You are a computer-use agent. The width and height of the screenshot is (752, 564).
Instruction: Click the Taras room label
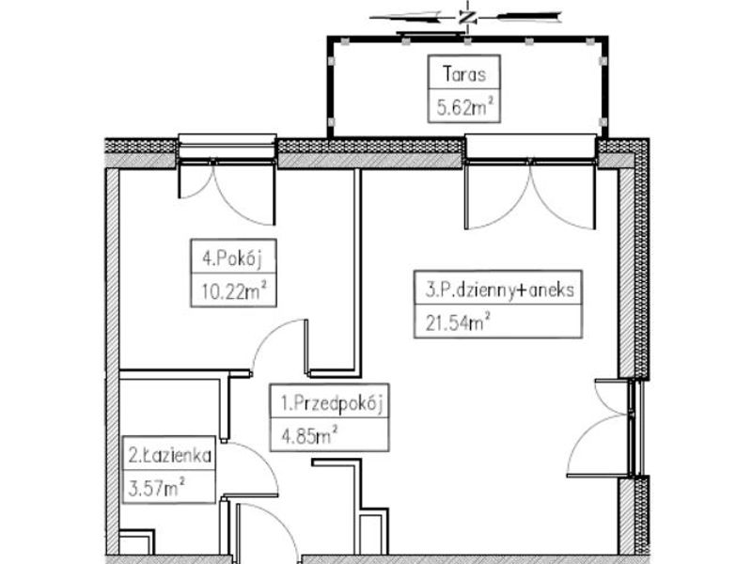(463, 74)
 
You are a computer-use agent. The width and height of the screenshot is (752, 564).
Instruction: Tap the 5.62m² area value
(464, 106)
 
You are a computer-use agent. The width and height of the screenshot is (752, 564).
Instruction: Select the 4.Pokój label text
(232, 258)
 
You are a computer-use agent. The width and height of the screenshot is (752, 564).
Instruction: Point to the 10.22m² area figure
(233, 290)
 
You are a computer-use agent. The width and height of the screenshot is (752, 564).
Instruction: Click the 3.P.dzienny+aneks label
(499, 290)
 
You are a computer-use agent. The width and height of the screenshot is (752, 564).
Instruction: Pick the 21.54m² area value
(458, 321)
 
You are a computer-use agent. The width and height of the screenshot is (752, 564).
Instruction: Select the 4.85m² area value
(309, 435)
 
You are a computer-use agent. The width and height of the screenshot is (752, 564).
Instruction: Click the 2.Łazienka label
(170, 456)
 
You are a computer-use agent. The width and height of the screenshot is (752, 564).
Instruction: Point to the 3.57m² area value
(156, 487)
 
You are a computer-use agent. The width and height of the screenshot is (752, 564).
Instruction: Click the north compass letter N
(466, 18)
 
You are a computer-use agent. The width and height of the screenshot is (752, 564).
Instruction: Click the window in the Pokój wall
(227, 149)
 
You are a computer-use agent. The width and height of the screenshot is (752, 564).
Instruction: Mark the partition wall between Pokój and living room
(357, 272)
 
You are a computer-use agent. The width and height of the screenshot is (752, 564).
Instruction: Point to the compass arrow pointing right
(527, 17)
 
